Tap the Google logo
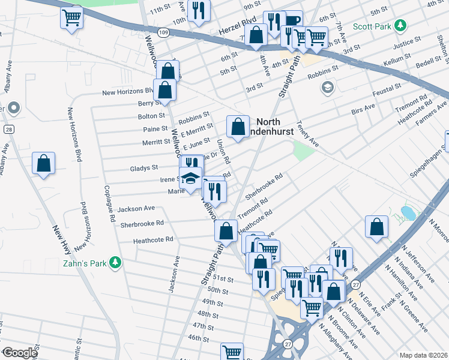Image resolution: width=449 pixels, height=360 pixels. pos(19,352)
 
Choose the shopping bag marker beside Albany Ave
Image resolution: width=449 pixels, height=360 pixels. pos(44,163)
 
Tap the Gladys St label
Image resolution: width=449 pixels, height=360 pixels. pos(144,168)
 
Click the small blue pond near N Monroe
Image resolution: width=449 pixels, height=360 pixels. pos(408,212)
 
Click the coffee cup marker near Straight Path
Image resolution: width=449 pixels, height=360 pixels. pos(292,20)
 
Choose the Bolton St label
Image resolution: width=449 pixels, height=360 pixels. pos(151,115)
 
